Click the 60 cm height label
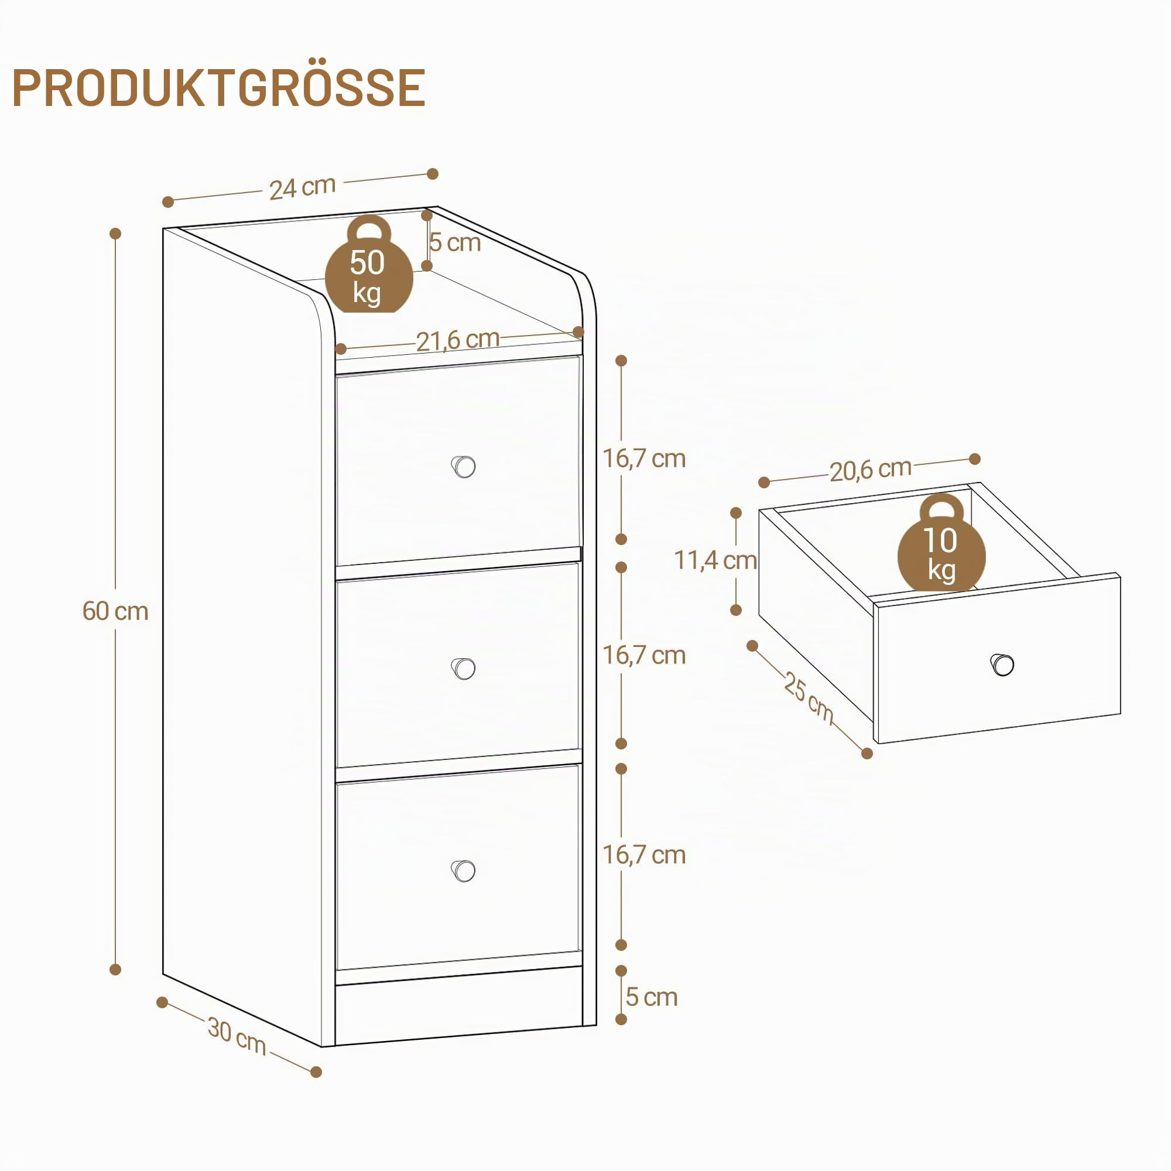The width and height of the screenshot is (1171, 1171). (115, 611)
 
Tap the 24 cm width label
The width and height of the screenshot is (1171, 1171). (303, 187)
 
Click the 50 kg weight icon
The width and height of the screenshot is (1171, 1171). (368, 264)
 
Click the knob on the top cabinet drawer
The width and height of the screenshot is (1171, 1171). (464, 467)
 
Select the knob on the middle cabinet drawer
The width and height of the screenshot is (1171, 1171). (464, 669)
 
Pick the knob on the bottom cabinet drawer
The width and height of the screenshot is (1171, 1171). (464, 871)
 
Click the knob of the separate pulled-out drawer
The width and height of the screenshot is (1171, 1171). (1002, 665)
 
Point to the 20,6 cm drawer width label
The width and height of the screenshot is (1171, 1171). (871, 470)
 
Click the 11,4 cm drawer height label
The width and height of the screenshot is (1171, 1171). (715, 561)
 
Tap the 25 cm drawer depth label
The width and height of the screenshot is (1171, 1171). (809, 696)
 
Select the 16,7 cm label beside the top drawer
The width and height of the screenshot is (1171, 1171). (643, 459)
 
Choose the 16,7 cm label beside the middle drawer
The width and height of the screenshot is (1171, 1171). (643, 656)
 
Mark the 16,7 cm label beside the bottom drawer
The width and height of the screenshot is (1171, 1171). (643, 855)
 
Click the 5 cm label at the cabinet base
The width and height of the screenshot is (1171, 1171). (651, 997)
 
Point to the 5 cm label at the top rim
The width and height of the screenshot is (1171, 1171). (455, 242)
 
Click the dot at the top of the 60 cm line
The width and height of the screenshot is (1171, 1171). (115, 234)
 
